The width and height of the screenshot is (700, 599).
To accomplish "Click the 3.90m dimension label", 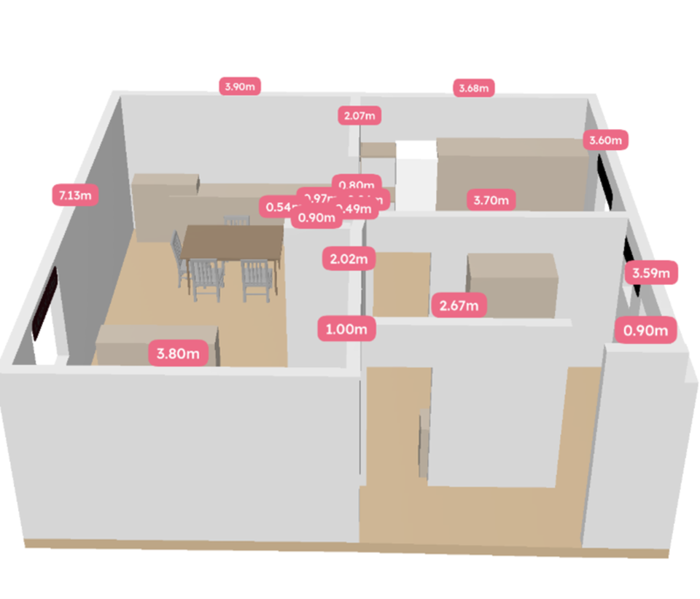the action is click(240, 86).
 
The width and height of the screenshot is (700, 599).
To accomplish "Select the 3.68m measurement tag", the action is click(474, 88).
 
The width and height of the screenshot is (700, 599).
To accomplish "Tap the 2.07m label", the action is click(360, 115).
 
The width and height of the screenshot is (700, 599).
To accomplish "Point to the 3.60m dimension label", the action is click(607, 140).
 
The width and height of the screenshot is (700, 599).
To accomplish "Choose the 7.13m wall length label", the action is click(75, 195).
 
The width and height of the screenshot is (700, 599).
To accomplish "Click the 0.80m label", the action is click(357, 184).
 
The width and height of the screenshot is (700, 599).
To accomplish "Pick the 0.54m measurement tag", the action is click(279, 206).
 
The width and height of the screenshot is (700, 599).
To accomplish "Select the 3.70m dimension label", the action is click(491, 200).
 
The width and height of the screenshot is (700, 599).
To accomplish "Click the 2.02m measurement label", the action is click(349, 259).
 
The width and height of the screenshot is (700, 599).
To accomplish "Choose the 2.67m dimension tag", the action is click(459, 305).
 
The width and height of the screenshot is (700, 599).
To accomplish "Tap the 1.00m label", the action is click(346, 329).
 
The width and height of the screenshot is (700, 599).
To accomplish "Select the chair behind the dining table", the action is click(237, 220).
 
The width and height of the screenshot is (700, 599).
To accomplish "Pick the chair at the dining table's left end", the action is click(178, 255).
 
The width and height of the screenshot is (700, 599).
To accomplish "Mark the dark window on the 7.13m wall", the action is click(44, 302).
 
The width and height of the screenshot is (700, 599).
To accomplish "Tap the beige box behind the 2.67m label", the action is click(513, 281).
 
